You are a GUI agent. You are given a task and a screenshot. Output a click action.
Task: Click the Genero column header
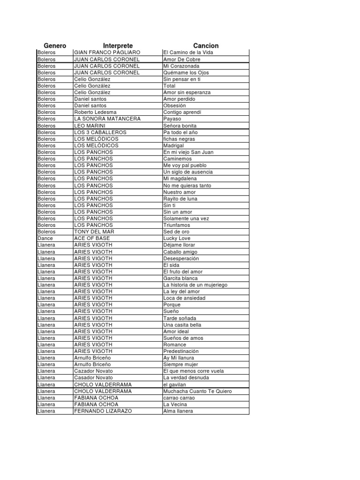click(55, 45)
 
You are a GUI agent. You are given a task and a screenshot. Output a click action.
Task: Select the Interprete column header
click(118, 45)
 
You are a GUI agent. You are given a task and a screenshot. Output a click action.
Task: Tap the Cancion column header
click(206, 45)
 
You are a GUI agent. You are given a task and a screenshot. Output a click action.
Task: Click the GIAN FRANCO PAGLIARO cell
click(107, 52)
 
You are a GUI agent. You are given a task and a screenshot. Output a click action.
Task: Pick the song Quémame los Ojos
click(186, 73)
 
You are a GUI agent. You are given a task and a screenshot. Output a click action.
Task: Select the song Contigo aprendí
click(182, 112)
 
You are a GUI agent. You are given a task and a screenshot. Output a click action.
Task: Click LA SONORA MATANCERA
click(107, 119)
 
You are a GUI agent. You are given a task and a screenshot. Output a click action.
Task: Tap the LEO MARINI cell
click(90, 126)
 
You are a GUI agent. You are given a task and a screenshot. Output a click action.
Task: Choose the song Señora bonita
click(180, 126)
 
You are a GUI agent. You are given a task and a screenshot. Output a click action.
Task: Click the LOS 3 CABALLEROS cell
click(100, 132)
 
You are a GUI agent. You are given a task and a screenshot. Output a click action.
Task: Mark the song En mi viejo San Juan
click(188, 152)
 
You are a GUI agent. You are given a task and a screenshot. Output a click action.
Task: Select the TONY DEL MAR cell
click(94, 232)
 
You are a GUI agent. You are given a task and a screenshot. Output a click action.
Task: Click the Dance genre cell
click(45, 238)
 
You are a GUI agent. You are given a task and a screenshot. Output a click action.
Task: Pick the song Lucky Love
click(177, 238)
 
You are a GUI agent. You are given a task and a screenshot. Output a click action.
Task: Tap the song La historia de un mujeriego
click(195, 285)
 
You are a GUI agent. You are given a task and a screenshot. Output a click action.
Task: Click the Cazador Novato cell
click(93, 371)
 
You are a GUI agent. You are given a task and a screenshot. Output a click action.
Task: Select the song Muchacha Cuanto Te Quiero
click(197, 391)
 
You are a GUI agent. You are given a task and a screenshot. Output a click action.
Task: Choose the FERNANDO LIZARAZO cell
click(103, 411)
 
